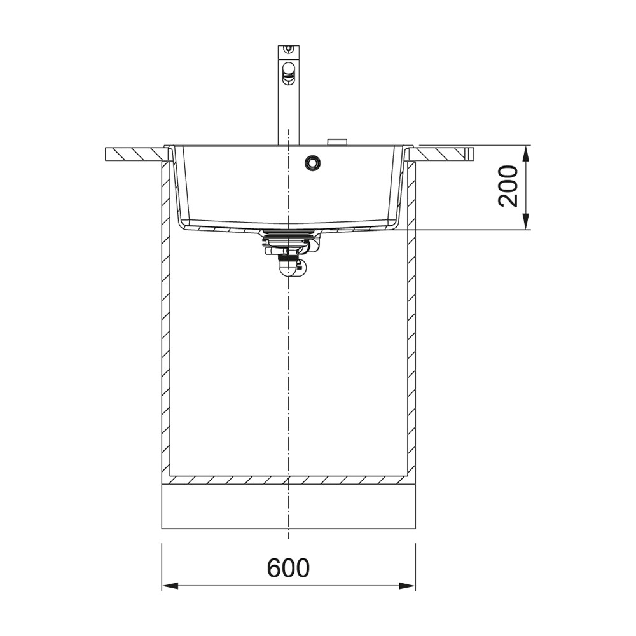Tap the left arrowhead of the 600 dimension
(x=170, y=586)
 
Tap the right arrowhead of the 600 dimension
(x=407, y=586)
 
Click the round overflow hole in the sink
(x=313, y=162)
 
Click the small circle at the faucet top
(x=288, y=48)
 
